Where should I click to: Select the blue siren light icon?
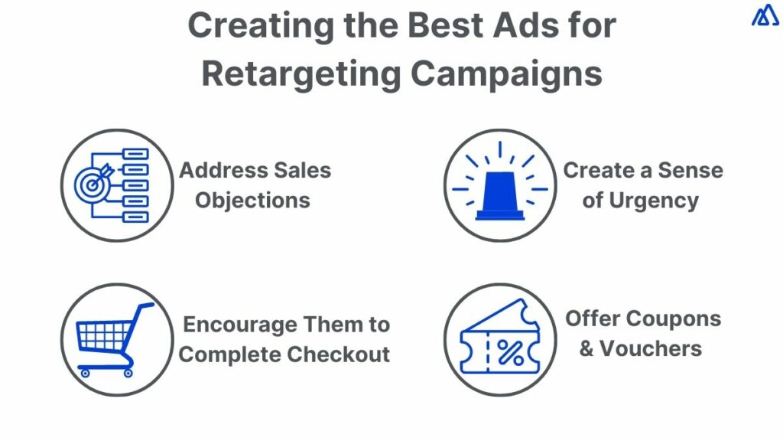click(x=500, y=193)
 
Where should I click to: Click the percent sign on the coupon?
click(x=510, y=352)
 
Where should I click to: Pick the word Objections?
click(x=252, y=201)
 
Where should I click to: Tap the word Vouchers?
click(x=651, y=348)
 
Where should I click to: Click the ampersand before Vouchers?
click(x=586, y=349)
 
